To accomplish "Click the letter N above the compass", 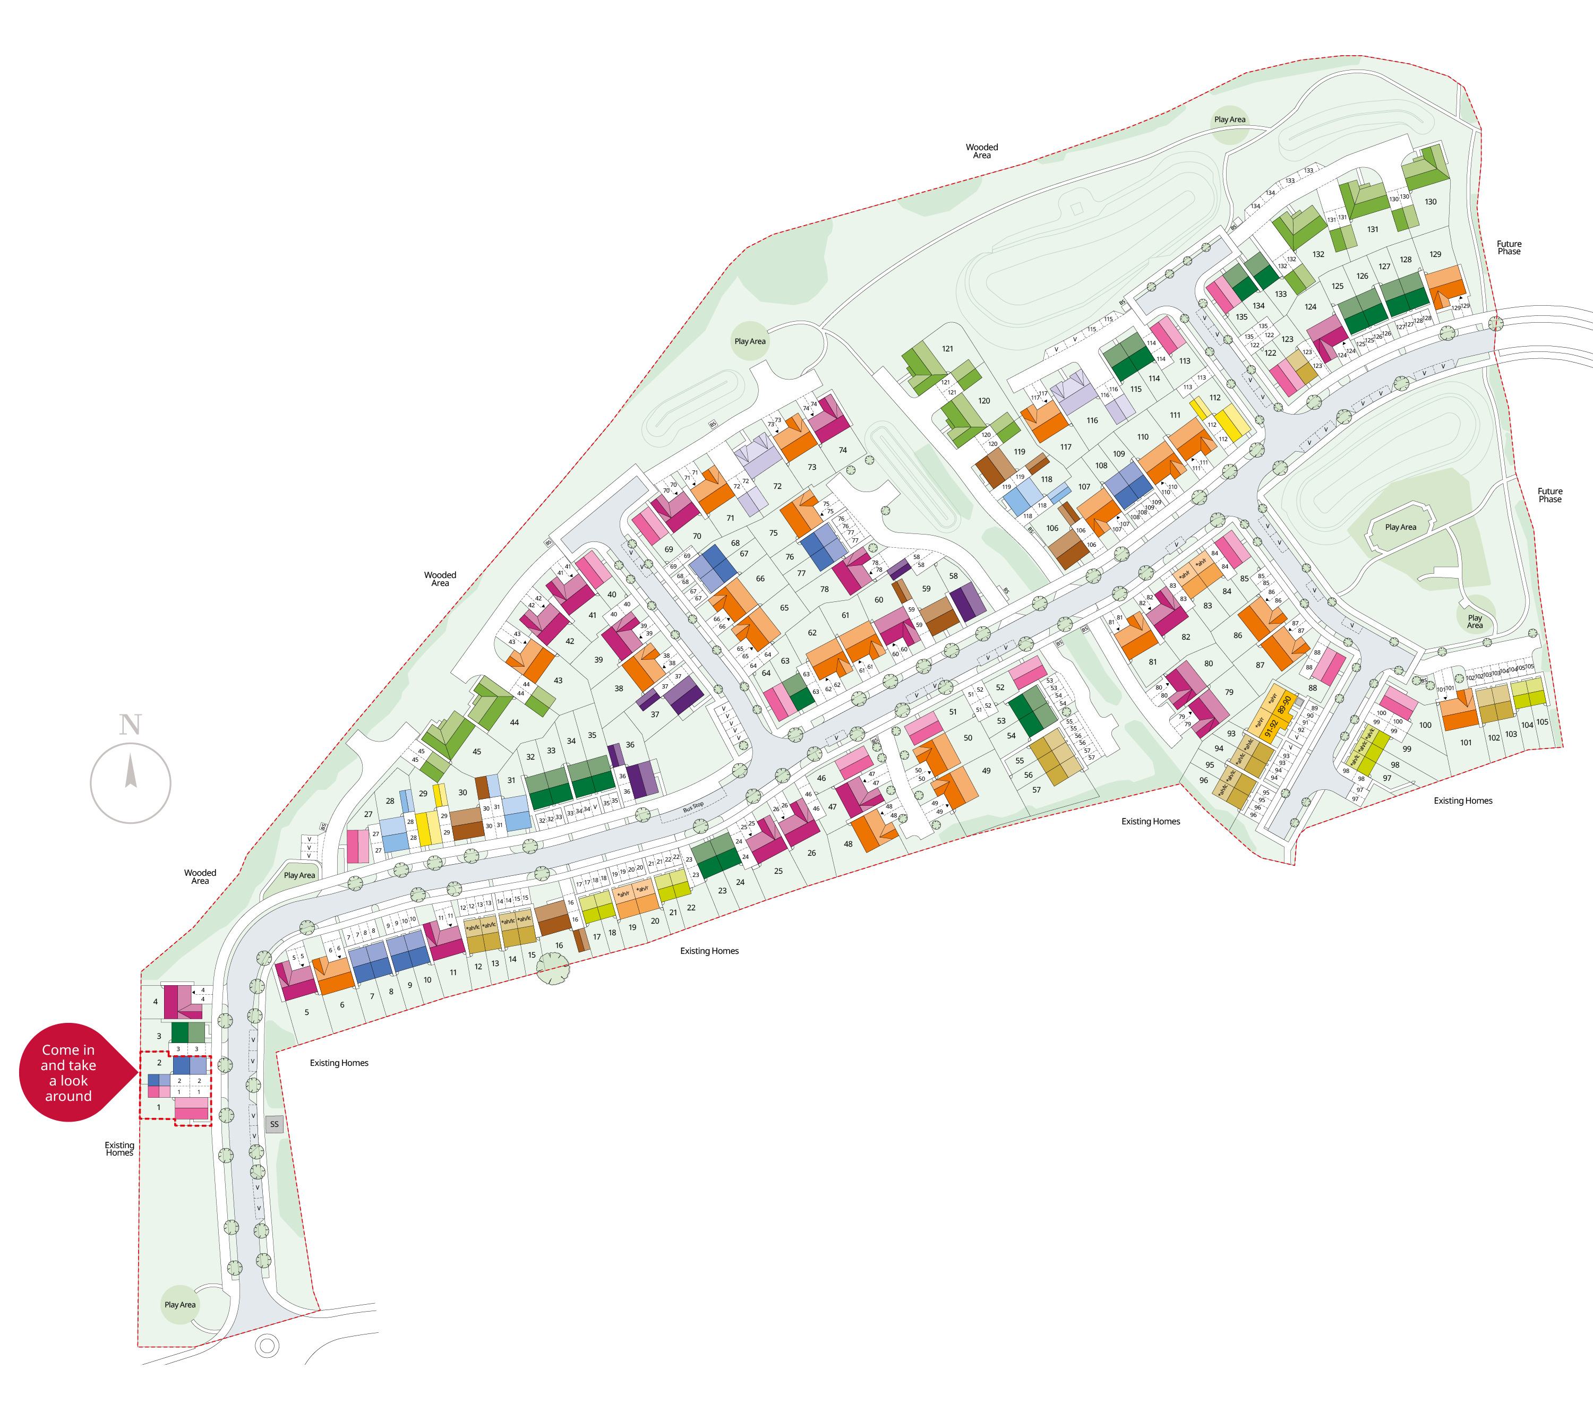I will point(130,725).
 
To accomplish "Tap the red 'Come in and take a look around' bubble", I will point(68,1072).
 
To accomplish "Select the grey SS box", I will point(273,1124).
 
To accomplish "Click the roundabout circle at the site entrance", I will point(267,1346).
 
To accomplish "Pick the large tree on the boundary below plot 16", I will point(553,968).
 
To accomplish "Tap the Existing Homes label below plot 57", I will point(1150,821).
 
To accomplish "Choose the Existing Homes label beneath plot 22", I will point(709,951).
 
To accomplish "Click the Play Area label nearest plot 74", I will point(750,341).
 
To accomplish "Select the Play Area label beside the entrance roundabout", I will point(180,1304).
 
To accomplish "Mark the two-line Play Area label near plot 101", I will point(1475,621).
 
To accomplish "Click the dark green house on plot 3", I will point(180,1032).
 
